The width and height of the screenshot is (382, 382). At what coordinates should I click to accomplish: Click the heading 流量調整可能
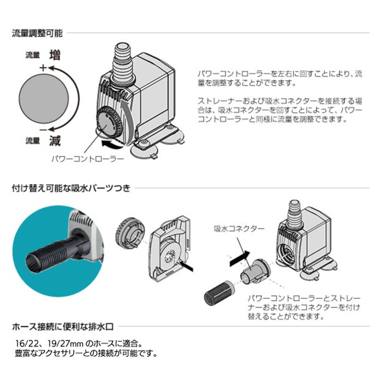(37, 33)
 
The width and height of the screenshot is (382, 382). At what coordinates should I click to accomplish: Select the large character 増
(55, 56)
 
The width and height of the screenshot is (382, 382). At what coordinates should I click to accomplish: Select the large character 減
(55, 141)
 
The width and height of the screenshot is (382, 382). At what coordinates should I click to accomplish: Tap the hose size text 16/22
(26, 344)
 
